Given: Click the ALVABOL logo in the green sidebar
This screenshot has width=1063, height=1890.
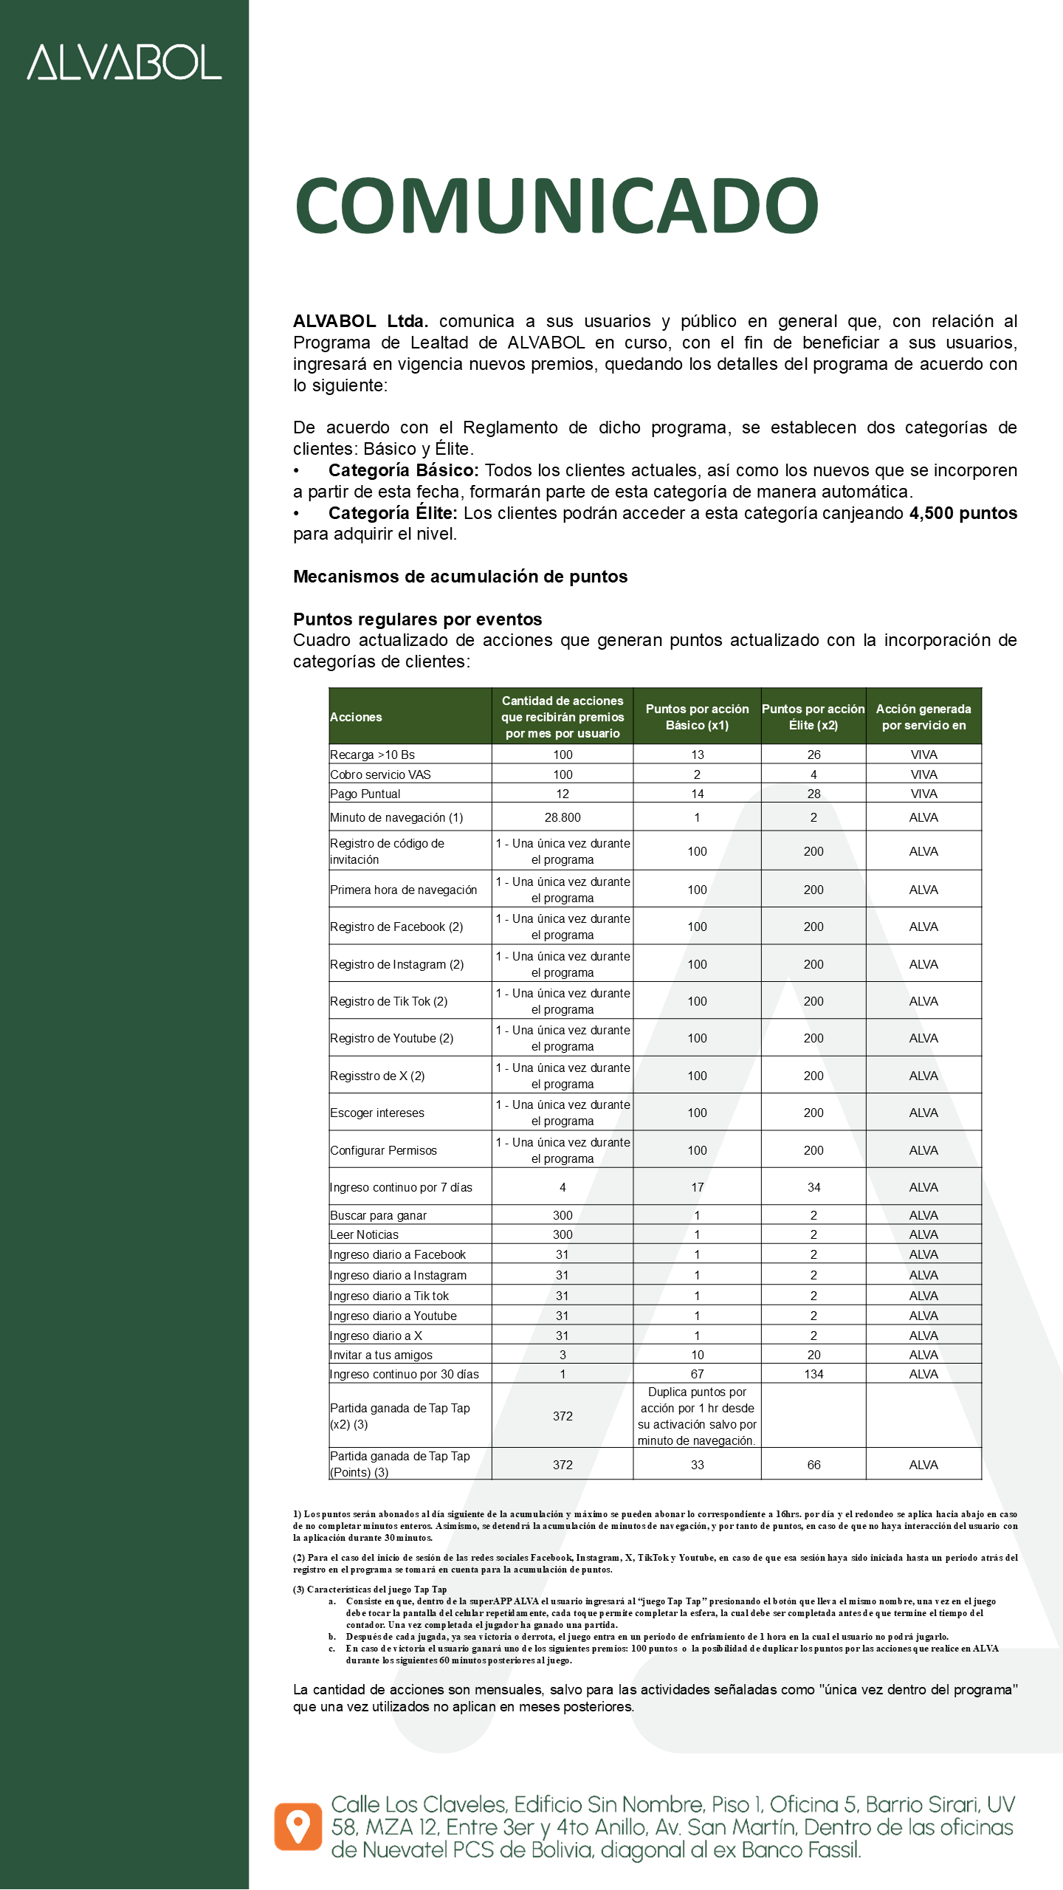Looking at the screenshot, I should (124, 62).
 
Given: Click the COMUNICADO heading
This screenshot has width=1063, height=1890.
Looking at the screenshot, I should (557, 205).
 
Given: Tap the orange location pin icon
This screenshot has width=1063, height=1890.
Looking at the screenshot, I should (298, 1827).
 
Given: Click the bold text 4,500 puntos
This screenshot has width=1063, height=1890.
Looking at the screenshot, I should (963, 513).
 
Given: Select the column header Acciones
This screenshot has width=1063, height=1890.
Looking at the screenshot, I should (356, 717).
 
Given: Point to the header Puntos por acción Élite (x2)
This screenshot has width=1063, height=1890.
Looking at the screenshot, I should (813, 717).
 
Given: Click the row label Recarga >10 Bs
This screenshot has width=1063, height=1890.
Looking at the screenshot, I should (372, 755).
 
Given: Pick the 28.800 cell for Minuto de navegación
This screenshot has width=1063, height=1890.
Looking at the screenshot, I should (563, 817).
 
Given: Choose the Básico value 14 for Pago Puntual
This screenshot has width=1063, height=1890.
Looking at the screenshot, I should (697, 794).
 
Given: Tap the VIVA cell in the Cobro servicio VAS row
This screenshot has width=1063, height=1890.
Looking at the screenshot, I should (923, 774).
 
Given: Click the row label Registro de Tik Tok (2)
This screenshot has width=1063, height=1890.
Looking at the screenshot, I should (389, 1001).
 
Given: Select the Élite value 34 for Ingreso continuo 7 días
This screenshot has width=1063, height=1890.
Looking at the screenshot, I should (813, 1187).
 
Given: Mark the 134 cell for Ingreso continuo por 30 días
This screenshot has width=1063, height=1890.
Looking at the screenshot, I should (813, 1374).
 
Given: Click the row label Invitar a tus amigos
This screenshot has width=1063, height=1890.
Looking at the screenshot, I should (381, 1355).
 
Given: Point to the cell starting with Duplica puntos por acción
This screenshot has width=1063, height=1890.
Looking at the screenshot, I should (697, 1416).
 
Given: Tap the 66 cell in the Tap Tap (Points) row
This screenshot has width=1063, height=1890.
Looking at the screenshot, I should (813, 1465).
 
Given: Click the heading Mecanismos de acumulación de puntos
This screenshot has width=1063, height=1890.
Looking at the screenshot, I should (460, 577).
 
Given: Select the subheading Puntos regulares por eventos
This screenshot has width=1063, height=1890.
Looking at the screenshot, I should (417, 619).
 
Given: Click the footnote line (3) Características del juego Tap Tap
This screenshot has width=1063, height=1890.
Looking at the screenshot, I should (370, 1590).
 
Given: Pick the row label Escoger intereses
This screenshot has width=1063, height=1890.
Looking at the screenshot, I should (377, 1113).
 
